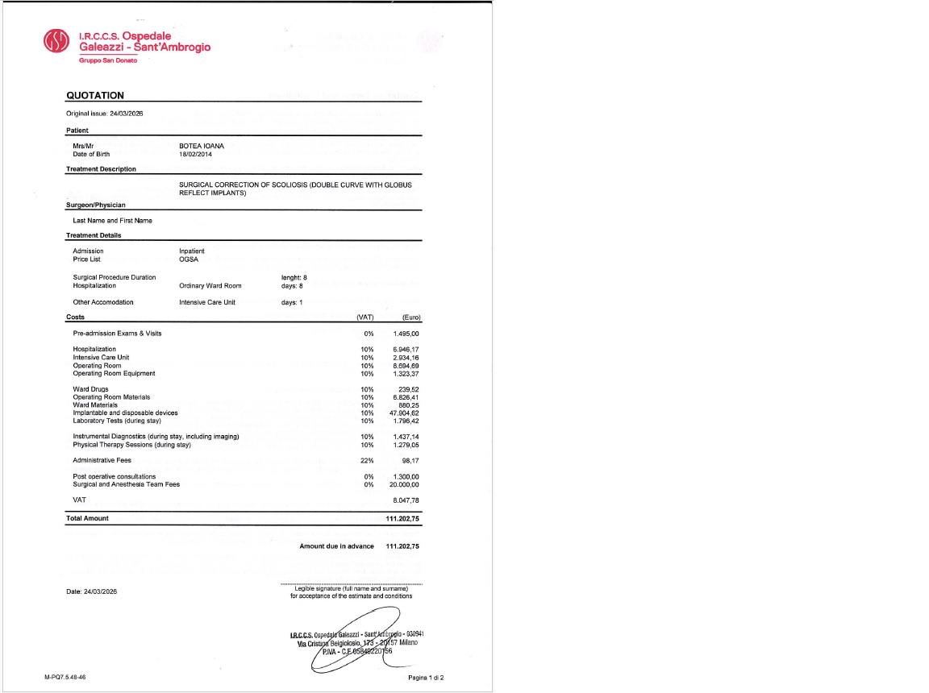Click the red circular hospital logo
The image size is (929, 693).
[x=57, y=42]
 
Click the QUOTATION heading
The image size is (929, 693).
[x=95, y=95]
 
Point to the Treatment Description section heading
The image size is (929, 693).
[x=101, y=169]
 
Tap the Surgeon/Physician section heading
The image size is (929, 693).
[x=95, y=205]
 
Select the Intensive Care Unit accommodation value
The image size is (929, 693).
[x=207, y=302]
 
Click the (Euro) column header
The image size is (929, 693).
[x=410, y=317]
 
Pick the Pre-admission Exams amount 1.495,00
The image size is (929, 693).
[x=406, y=334]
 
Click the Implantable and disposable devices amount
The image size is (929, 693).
[x=404, y=413]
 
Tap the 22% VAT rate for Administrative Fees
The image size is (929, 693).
[x=367, y=460]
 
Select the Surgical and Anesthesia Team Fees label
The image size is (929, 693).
[x=126, y=484]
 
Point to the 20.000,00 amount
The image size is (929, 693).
[x=404, y=484]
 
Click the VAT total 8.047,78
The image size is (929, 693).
[x=406, y=500]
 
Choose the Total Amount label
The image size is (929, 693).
[x=87, y=518]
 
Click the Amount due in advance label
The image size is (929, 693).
[x=336, y=546]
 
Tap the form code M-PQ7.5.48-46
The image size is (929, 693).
[x=65, y=678]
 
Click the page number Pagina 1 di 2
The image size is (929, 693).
[x=426, y=678]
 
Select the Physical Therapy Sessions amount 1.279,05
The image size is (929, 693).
[x=406, y=445]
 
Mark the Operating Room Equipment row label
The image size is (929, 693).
[x=114, y=373]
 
